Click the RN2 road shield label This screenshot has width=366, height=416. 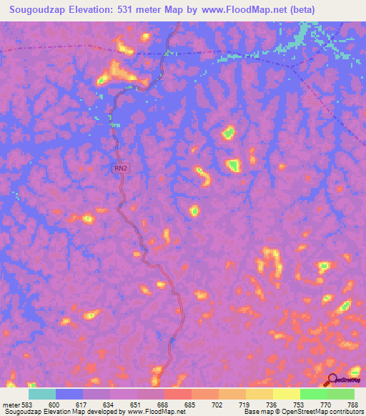[x=121, y=169]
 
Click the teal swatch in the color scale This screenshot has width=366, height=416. [x=42, y=394]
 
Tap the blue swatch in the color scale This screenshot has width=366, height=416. [x=69, y=394]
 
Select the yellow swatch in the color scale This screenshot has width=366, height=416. [x=287, y=394]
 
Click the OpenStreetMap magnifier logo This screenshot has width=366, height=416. [x=331, y=381]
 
